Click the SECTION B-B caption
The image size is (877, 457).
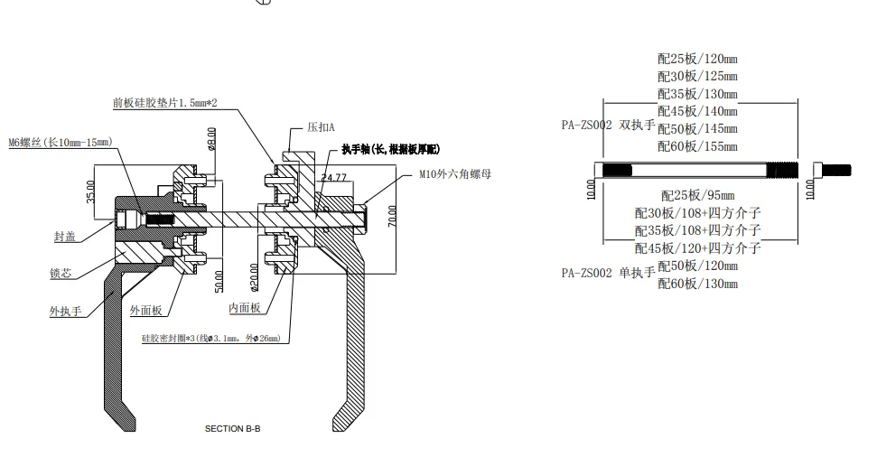[x=232, y=428]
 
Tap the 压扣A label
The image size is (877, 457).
[x=321, y=127]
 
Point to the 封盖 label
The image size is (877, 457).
[x=64, y=237]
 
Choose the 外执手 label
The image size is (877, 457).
[x=65, y=312]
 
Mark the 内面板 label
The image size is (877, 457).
[x=244, y=308]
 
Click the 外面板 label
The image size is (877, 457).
[x=145, y=311]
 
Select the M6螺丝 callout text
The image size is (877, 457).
[x=61, y=142]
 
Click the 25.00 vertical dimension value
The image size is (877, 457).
[x=90, y=192]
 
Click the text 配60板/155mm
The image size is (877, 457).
[x=697, y=145]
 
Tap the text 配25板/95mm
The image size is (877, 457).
[x=697, y=195]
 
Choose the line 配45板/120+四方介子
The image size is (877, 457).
[x=697, y=247]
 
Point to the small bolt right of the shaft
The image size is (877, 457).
[x=833, y=169]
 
